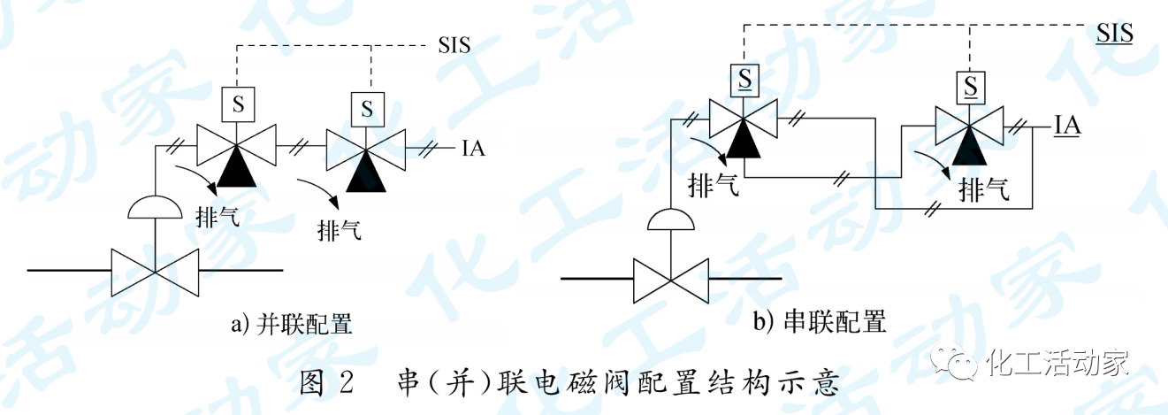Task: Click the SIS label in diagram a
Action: point(454,43)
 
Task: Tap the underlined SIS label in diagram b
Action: point(1115,34)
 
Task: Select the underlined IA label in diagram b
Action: point(1068,127)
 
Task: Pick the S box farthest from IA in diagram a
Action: point(237,104)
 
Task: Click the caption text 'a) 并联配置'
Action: point(292,325)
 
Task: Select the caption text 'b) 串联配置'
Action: point(820,321)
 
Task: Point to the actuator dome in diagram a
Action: point(155,207)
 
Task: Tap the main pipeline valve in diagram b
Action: point(673,280)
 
